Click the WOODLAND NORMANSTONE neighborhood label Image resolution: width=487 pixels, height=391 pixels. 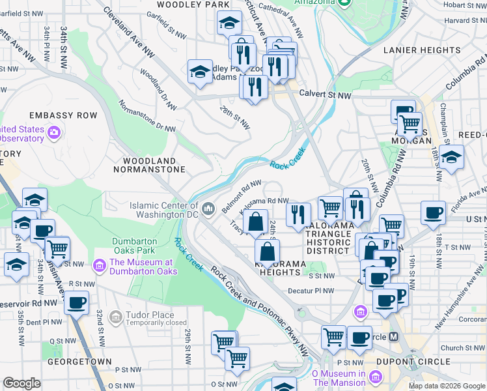click(x=149, y=165)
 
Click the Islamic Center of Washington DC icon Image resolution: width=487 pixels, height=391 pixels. click(x=208, y=209)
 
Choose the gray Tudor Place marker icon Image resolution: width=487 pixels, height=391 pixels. click(x=115, y=317)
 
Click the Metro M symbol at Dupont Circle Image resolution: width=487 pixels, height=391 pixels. click(x=393, y=337)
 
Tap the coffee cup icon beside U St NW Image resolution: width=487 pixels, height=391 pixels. click(x=433, y=212)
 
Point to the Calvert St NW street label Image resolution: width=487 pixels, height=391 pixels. click(x=325, y=95)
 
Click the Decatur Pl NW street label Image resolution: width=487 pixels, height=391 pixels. click(x=313, y=291)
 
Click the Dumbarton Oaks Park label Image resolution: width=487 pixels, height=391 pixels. click(x=133, y=246)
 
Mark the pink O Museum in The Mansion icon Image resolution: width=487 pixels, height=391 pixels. click(x=375, y=377)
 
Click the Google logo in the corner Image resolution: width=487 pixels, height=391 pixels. click(x=21, y=383)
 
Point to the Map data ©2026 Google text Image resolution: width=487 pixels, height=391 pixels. click(x=446, y=386)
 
